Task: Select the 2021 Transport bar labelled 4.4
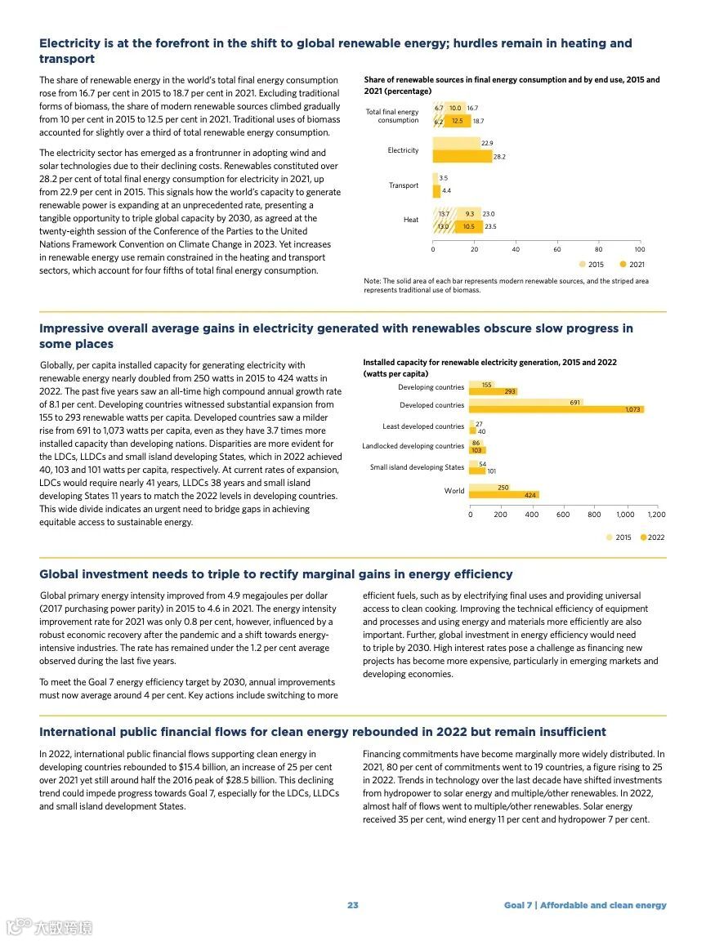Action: tap(436, 190)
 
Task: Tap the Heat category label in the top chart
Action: tap(410, 220)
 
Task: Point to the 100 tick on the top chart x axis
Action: tap(639, 249)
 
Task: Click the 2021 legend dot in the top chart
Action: tap(623, 265)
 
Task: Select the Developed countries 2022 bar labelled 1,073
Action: tap(556, 409)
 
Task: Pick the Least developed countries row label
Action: tap(423, 426)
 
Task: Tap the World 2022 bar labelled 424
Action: tap(504, 495)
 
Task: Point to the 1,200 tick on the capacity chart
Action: tap(656, 515)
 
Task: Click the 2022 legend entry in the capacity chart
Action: tap(652, 537)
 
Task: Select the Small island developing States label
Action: tap(417, 467)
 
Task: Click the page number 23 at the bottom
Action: tap(352, 905)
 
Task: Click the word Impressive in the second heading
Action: tap(74, 328)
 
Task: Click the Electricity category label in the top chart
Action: tap(403, 150)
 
